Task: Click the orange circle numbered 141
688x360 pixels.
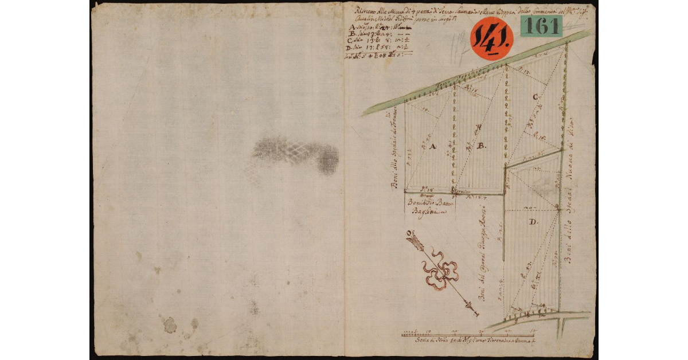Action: [491, 38]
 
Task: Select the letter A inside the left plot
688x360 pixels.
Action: [433, 147]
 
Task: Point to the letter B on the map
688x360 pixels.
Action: [482, 146]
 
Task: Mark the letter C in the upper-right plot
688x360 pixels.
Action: [535, 97]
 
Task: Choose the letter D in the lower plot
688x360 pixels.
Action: [533, 222]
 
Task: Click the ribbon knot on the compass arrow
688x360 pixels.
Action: [440, 271]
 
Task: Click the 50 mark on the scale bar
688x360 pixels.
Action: [534, 331]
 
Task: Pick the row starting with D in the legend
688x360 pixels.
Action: [367, 48]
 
